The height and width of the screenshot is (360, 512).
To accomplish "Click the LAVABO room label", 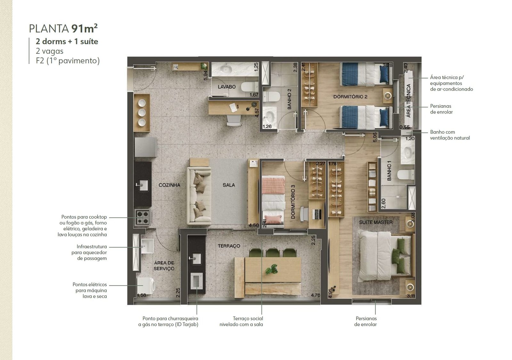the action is [x=227, y=87].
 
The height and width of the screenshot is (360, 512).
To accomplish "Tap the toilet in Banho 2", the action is [x=271, y=97].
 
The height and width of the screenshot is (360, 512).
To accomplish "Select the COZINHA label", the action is [x=169, y=185].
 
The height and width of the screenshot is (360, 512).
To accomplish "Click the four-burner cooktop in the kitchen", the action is [x=143, y=217].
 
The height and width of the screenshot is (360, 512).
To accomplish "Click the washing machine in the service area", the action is [x=146, y=286].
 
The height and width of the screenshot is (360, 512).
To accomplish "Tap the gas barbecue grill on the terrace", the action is [x=196, y=281].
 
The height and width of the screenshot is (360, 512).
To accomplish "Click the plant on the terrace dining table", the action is [x=272, y=269].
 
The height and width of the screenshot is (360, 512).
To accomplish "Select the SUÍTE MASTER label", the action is [x=376, y=222].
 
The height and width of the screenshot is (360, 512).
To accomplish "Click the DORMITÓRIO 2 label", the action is [x=350, y=97].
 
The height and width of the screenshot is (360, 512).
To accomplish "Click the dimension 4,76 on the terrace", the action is [x=316, y=295].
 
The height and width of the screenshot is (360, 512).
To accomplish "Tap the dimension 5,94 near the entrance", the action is [x=205, y=75].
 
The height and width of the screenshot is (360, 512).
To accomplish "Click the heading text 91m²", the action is [x=84, y=28].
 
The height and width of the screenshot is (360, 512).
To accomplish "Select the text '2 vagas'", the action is [x=50, y=51].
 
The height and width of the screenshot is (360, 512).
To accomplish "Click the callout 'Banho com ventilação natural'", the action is [x=450, y=135].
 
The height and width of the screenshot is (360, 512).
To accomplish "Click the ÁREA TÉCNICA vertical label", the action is [x=408, y=101].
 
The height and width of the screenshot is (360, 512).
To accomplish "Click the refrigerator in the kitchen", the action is [x=145, y=147].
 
